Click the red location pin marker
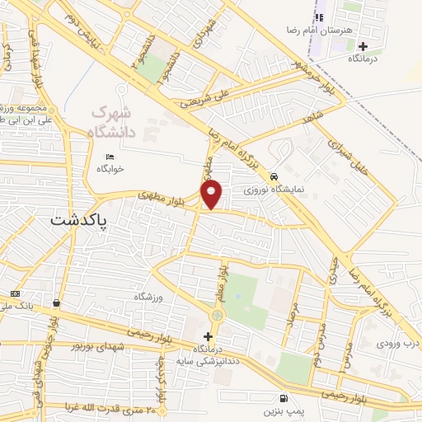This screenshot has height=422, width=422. click(213, 194)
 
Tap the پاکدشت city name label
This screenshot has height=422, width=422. click(82, 220)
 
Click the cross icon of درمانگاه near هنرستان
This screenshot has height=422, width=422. click(363, 46)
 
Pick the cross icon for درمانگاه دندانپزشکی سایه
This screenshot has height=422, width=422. click(208, 336)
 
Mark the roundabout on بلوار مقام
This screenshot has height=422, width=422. click(217, 315)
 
